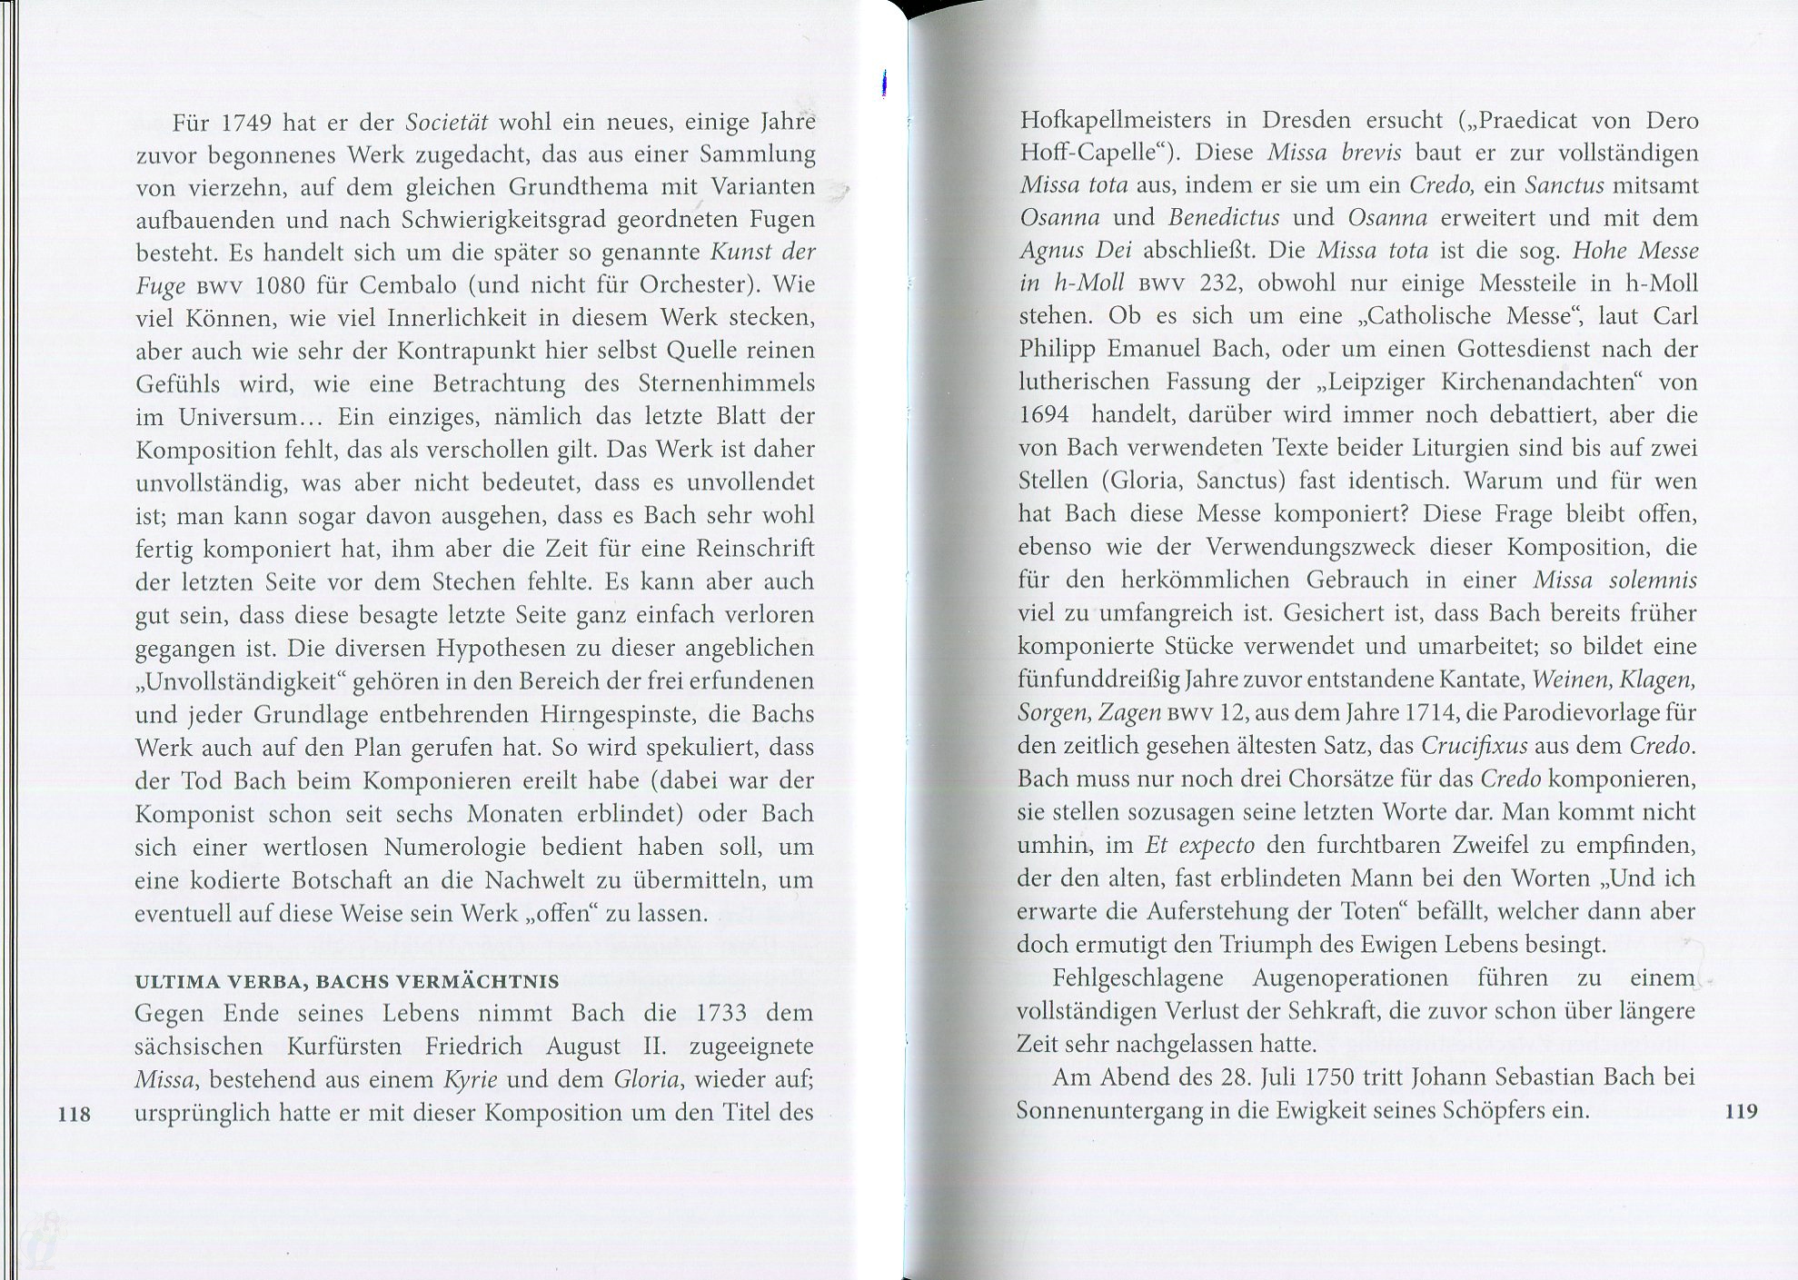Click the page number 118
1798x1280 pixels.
click(x=75, y=1113)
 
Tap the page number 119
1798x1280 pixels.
click(x=1740, y=1110)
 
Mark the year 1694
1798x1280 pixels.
click(x=1045, y=415)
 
